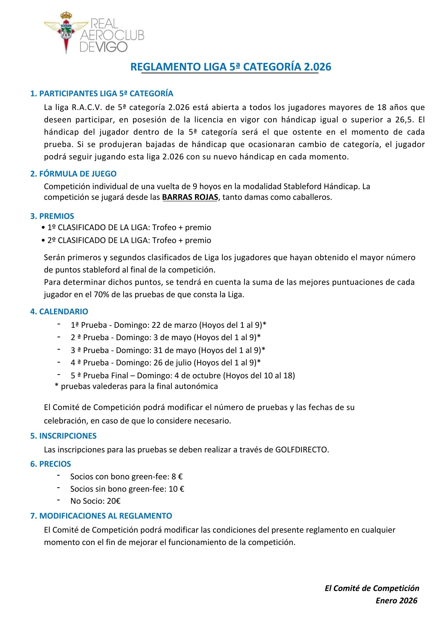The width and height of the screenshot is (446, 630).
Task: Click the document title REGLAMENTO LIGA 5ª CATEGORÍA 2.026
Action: [x=231, y=67]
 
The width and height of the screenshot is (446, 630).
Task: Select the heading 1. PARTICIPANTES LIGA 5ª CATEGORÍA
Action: [x=101, y=93]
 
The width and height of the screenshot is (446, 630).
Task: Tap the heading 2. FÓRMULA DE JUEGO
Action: [x=73, y=174]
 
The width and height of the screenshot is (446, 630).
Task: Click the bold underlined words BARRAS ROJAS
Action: [x=190, y=197]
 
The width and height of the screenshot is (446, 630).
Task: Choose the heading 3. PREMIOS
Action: [x=52, y=216]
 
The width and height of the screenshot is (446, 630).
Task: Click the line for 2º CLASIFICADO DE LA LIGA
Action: [x=129, y=240]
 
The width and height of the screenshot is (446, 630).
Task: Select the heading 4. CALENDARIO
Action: [x=59, y=311]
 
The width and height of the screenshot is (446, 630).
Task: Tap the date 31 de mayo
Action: [x=175, y=350]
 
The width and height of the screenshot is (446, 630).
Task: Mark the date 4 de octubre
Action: [x=198, y=375]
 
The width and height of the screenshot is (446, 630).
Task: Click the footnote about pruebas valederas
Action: [x=136, y=386]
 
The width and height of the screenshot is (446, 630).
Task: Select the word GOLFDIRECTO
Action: [x=301, y=450]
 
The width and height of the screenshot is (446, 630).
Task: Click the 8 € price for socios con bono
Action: [x=177, y=476]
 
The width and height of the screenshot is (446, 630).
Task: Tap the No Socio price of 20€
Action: [x=114, y=501]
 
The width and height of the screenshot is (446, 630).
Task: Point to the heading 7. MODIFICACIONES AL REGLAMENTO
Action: [x=101, y=516]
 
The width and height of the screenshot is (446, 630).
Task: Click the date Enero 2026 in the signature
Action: [x=397, y=601]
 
